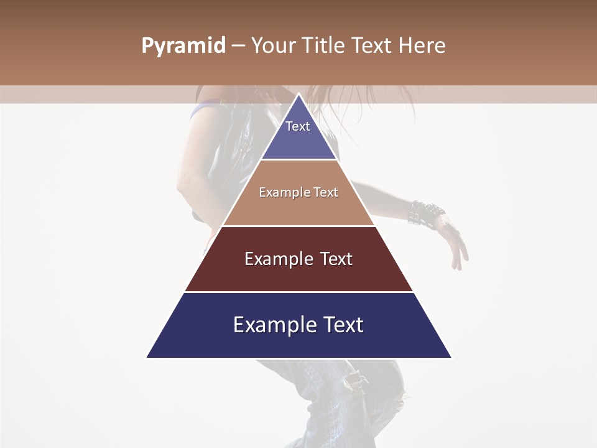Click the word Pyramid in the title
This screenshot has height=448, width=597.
[x=183, y=46]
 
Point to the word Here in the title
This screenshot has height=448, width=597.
[x=422, y=46]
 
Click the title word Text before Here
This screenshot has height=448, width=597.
[x=373, y=46]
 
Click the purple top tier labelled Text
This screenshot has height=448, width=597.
[x=298, y=134]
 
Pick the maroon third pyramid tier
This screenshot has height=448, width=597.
[x=298, y=268]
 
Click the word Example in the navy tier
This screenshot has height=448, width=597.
[x=269, y=325]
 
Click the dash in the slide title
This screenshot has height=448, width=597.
[x=238, y=46]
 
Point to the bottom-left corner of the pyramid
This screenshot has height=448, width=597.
[x=147, y=358]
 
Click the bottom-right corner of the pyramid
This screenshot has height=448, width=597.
[x=451, y=358]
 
